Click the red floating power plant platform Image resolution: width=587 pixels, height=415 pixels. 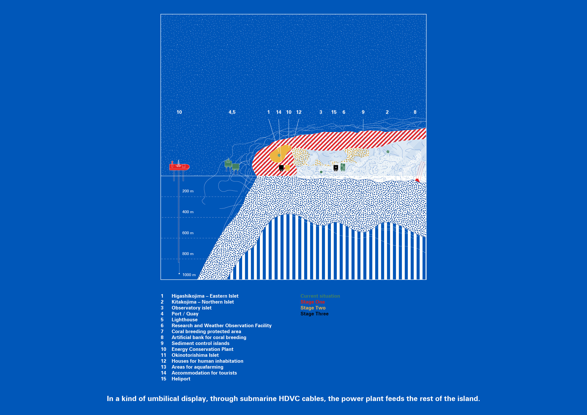tap(179, 167)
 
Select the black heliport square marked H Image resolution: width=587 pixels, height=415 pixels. tap(336, 167)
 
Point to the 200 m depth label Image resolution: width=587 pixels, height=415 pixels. tap(188, 191)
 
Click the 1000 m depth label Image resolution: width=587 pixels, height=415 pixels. tap(189, 275)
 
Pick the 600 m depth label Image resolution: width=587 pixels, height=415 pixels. tap(188, 233)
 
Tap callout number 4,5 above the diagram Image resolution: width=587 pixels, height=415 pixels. tap(232, 112)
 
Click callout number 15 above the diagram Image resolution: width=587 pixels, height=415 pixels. tap(334, 112)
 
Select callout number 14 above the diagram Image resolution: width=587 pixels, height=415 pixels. tap(279, 112)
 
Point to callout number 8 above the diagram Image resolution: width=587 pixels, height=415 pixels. tap(415, 112)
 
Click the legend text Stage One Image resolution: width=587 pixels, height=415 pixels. tap(313, 302)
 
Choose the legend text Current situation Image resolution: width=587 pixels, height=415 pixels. tap(320, 296)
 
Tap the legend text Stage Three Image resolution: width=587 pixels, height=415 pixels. tap(315, 314)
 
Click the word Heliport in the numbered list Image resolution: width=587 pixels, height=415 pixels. tap(181, 379)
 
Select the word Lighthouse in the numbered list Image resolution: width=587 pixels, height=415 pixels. tap(184, 320)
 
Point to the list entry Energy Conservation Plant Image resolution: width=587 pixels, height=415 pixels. tap(202, 349)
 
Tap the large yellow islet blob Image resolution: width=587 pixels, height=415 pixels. tap(280, 154)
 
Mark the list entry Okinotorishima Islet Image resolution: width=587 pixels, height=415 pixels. tap(195, 355)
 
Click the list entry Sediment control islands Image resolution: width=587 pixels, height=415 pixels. tap(200, 344)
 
